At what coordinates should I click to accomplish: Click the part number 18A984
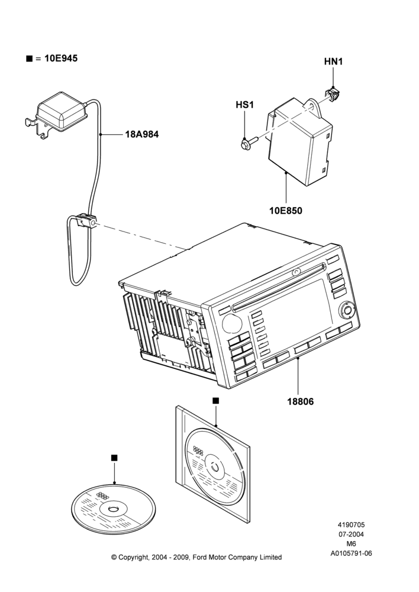[142, 134]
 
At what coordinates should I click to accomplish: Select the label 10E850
[286, 211]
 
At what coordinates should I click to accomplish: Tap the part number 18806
[301, 401]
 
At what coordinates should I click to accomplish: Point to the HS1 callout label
[244, 105]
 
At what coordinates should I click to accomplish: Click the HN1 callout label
[333, 61]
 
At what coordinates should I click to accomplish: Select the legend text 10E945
[61, 58]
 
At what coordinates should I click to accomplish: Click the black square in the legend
[29, 59]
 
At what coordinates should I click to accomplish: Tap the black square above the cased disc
[215, 401]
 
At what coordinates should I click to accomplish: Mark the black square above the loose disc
[114, 458]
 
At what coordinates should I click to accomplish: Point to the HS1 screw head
[244, 143]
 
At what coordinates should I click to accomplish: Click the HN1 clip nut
[331, 94]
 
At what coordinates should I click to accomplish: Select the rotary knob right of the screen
[347, 311]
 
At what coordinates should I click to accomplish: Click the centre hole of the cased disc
[215, 468]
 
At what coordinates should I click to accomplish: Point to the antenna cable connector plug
[86, 221]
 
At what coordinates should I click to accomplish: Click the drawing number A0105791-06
[352, 554]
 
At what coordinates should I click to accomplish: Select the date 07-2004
[351, 534]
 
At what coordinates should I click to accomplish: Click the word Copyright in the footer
[133, 557]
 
